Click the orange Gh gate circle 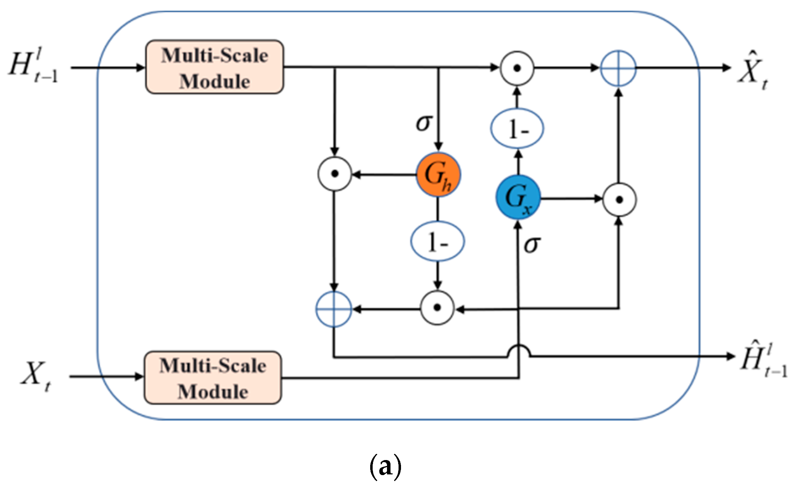pyautogui.click(x=438, y=175)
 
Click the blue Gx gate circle pyautogui.click(x=518, y=198)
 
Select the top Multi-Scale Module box pyautogui.click(x=215, y=67)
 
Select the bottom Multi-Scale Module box pyautogui.click(x=213, y=378)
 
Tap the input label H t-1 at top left pyautogui.click(x=33, y=67)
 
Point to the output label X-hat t pyautogui.click(x=753, y=72)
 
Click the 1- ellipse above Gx pyautogui.click(x=517, y=129)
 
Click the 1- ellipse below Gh pyautogui.click(x=437, y=241)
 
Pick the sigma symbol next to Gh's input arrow pyautogui.click(x=423, y=123)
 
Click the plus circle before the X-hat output pyautogui.click(x=618, y=68)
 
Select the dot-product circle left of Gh pyautogui.click(x=334, y=174)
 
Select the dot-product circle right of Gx pyautogui.click(x=619, y=200)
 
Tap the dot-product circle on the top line pyautogui.click(x=517, y=68)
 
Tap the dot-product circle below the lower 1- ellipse pyautogui.click(x=437, y=308)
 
